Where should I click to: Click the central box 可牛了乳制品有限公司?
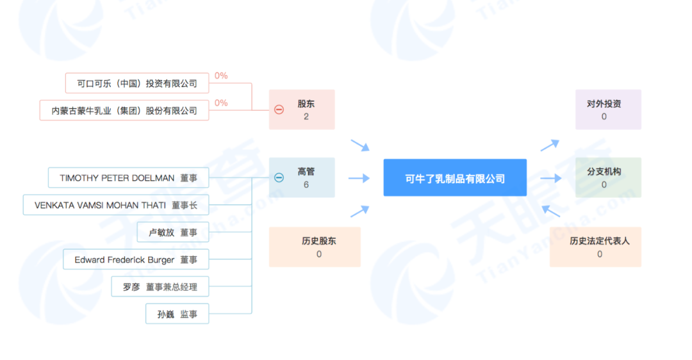tap(455, 178)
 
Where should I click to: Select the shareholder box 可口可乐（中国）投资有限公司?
tap(137, 83)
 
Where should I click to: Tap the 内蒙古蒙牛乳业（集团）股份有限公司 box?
tap(124, 111)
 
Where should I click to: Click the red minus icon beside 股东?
tap(279, 110)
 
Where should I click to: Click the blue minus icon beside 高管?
tap(279, 178)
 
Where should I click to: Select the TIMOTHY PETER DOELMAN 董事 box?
tap(128, 178)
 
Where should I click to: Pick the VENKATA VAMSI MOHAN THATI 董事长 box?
tap(115, 205)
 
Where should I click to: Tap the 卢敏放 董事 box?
tap(173, 233)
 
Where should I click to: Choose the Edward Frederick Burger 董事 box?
tap(136, 259)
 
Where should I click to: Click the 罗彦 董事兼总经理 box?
tap(160, 287)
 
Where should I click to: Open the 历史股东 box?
tap(315, 247)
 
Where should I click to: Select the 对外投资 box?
tap(608, 110)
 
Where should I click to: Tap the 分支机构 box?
tap(608, 177)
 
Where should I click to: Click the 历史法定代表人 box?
tap(595, 247)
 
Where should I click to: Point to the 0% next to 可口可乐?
tap(221, 76)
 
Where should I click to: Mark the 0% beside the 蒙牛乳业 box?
tap(221, 103)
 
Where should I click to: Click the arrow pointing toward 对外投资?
tap(550, 145)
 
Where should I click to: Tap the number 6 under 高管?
tap(306, 184)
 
